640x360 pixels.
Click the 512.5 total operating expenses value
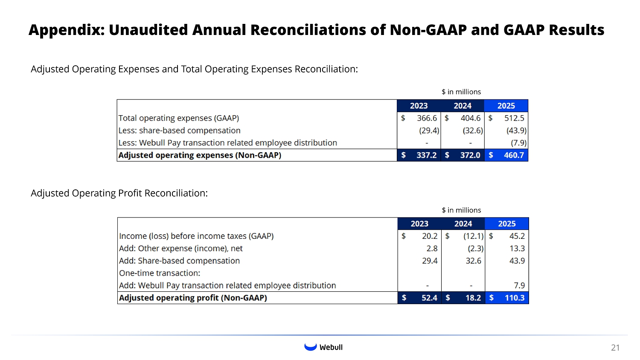tap(514, 118)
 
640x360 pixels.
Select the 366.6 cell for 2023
tap(427, 118)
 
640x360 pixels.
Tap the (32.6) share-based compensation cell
tap(473, 131)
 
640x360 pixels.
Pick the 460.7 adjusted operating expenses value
tap(514, 155)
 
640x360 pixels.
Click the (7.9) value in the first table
tap(518, 143)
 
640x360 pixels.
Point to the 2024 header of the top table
tap(463, 106)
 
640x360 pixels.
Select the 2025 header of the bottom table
tap(506, 224)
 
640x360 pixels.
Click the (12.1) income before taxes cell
tap(474, 236)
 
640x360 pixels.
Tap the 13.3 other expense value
tap(517, 248)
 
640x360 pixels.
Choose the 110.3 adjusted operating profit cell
tap(515, 298)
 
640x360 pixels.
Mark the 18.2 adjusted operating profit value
tap(473, 298)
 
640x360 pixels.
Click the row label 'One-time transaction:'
tap(160, 273)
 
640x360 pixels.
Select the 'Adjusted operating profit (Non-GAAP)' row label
tap(193, 298)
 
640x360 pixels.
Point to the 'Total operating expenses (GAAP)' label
tap(178, 118)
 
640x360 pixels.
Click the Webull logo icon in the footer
tap(310, 347)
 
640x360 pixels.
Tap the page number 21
tap(615, 348)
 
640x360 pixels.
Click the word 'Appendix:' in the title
tap(67, 30)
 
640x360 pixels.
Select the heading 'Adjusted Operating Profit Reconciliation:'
tap(119, 193)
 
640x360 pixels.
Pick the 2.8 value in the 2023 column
tap(432, 248)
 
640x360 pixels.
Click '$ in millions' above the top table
tap(461, 92)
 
